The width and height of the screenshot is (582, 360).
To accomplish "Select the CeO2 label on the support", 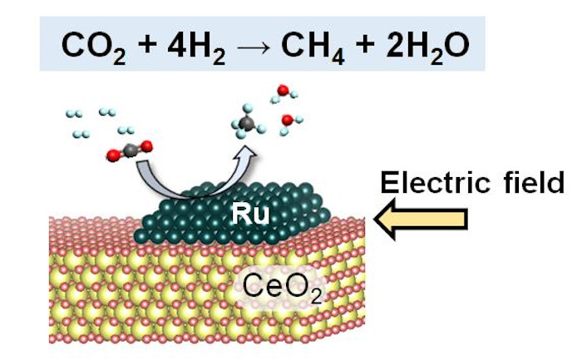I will pyautogui.click(x=276, y=286).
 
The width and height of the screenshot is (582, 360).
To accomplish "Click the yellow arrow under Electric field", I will pyautogui.click(x=420, y=219).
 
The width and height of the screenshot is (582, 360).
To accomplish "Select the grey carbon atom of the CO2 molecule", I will pyautogui.click(x=130, y=151).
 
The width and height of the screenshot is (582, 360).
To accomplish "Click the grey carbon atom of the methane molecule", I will pyautogui.click(x=247, y=124).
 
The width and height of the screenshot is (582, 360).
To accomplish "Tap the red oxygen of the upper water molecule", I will pyautogui.click(x=284, y=90).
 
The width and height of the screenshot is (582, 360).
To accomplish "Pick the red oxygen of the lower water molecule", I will pyautogui.click(x=288, y=121).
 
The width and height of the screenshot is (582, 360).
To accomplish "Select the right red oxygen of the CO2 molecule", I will pyautogui.click(x=146, y=147).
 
